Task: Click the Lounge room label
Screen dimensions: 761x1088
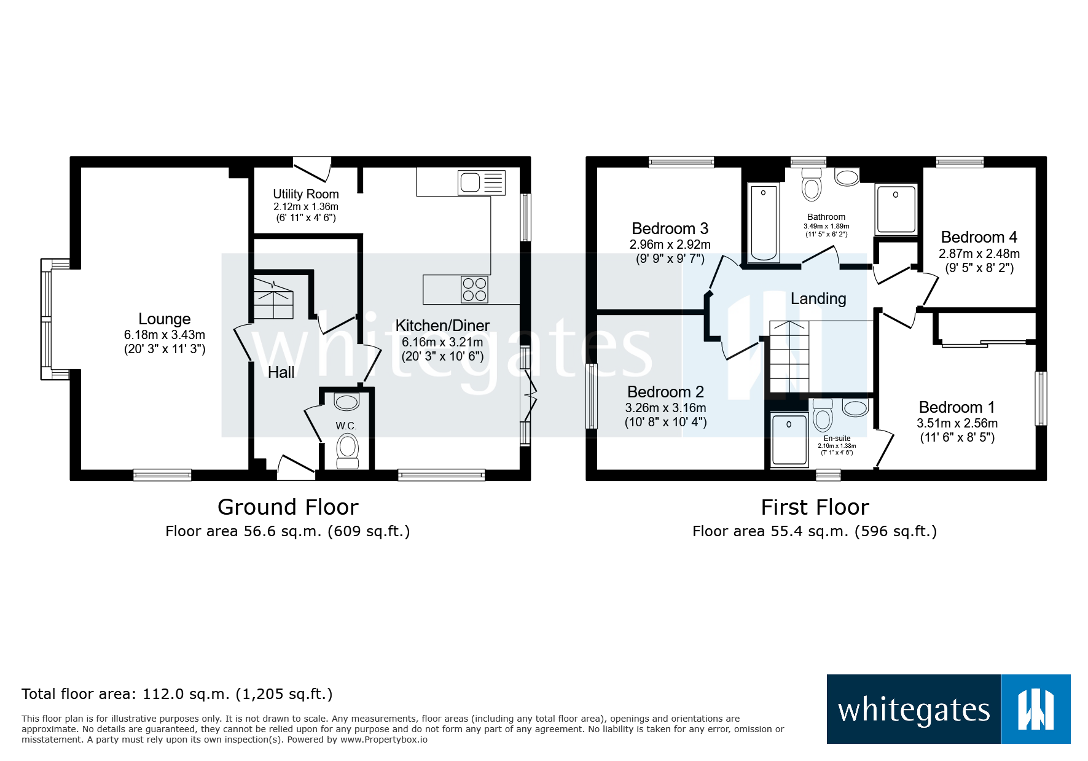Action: click(x=164, y=319)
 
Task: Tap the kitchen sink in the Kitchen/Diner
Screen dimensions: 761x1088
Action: click(x=471, y=183)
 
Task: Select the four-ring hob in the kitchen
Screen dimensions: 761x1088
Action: click(x=474, y=289)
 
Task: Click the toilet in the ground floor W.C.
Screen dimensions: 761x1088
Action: click(x=348, y=448)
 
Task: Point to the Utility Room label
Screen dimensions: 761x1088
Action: click(x=305, y=194)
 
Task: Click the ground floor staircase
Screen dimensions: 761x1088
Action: click(x=273, y=299)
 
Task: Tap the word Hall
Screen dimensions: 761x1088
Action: click(x=281, y=372)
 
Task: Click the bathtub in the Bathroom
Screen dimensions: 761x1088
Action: click(x=764, y=222)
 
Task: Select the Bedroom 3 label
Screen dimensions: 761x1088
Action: click(x=670, y=228)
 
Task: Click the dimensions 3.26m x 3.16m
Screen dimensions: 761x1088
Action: click(x=665, y=408)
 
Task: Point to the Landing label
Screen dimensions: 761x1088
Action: click(x=818, y=299)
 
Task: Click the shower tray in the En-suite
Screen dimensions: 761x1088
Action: click(x=789, y=440)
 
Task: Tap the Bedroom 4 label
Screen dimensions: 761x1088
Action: click(x=979, y=237)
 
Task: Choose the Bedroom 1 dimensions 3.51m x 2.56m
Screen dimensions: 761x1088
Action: click(x=957, y=423)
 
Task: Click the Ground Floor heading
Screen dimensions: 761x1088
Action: click(x=288, y=507)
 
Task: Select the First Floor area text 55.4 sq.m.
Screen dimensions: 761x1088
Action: click(x=814, y=531)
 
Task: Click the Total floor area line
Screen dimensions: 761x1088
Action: click(x=177, y=694)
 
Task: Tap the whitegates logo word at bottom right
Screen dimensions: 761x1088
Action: click(x=914, y=710)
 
